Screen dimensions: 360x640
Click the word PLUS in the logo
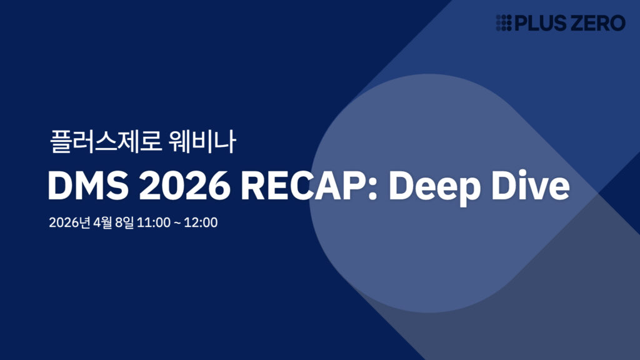point(539,23)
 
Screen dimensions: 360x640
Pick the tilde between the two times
point(178,223)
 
